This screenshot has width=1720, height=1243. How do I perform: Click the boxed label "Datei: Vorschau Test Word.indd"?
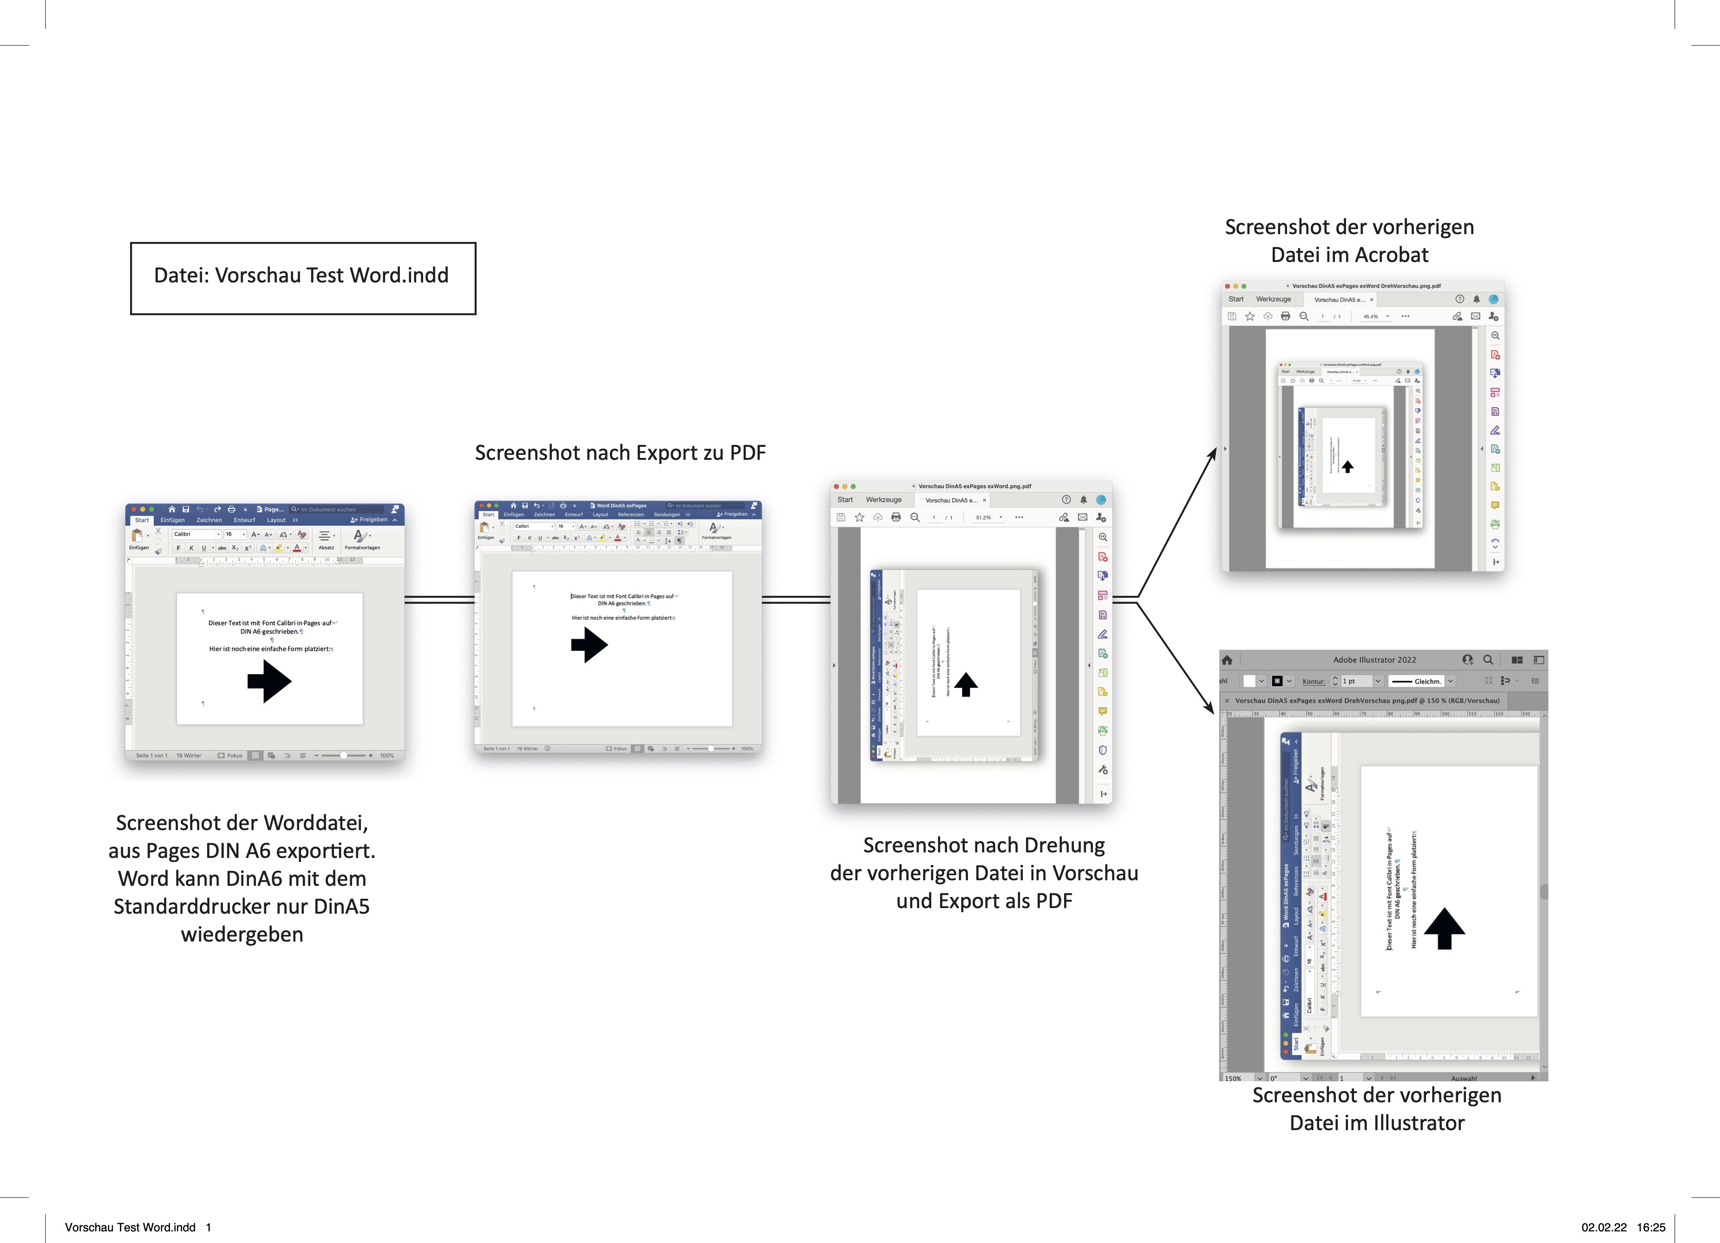click(302, 276)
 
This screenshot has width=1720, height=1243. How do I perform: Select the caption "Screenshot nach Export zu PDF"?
click(620, 453)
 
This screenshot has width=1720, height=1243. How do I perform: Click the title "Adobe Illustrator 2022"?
click(1374, 660)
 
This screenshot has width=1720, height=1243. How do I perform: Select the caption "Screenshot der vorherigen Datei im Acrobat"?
click(1349, 241)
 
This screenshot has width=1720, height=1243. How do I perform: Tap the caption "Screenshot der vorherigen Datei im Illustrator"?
click(1376, 1109)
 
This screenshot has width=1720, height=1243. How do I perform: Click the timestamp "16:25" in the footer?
click(1650, 1227)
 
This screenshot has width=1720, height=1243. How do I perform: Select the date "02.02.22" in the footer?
click(1604, 1227)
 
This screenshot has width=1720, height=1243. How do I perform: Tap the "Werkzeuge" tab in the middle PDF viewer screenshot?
click(883, 500)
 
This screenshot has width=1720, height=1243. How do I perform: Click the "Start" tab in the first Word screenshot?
click(142, 520)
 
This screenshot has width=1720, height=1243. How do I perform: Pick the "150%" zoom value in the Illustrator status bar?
click(1233, 1078)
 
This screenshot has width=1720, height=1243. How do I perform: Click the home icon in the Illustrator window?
click(1227, 660)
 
